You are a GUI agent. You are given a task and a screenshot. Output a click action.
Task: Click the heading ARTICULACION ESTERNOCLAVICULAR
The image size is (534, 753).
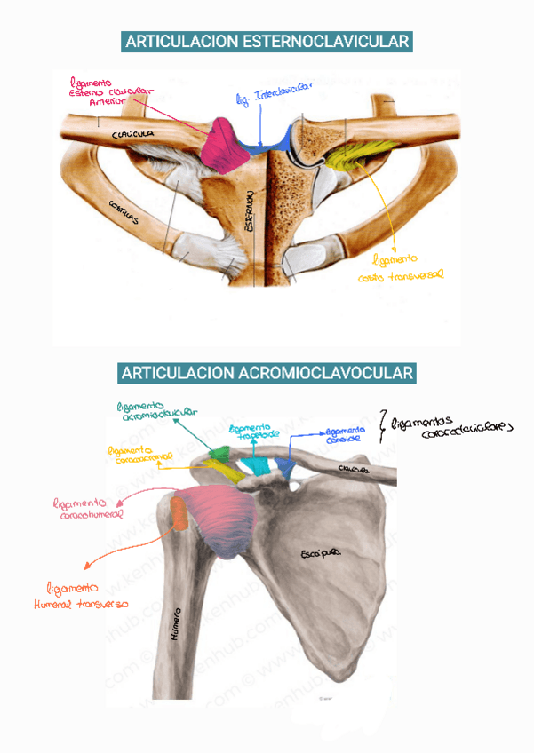(x=267, y=42)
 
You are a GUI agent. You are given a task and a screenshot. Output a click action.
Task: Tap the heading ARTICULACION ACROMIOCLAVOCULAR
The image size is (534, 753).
(x=267, y=373)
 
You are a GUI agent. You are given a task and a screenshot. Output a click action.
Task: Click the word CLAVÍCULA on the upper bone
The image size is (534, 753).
(x=134, y=132)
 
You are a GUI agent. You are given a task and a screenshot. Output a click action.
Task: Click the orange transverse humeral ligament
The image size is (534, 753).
(x=179, y=515)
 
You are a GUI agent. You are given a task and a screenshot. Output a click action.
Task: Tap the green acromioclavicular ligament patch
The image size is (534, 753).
(x=217, y=455)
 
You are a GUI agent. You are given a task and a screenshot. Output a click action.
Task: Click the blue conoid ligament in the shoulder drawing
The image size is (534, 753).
(x=285, y=466)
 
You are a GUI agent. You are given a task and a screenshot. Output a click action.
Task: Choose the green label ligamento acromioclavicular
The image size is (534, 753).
(x=156, y=409)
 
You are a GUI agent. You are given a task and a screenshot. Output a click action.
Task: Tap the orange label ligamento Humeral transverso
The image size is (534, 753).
(x=86, y=596)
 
